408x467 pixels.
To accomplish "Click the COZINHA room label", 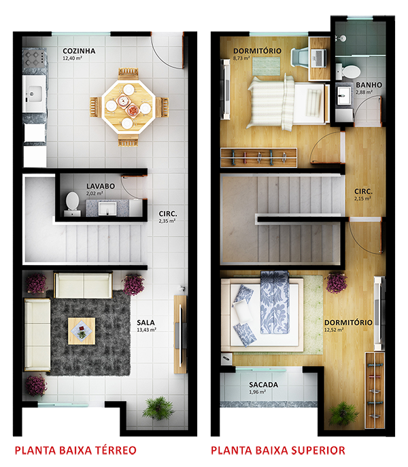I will [78, 51].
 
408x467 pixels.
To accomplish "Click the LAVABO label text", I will [100, 186].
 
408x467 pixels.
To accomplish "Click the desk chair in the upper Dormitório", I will [300, 56].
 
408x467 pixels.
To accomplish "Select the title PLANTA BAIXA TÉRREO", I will [75, 450].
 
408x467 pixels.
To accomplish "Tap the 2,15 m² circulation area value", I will [362, 199].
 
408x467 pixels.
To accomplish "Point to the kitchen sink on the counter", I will [34, 88].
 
